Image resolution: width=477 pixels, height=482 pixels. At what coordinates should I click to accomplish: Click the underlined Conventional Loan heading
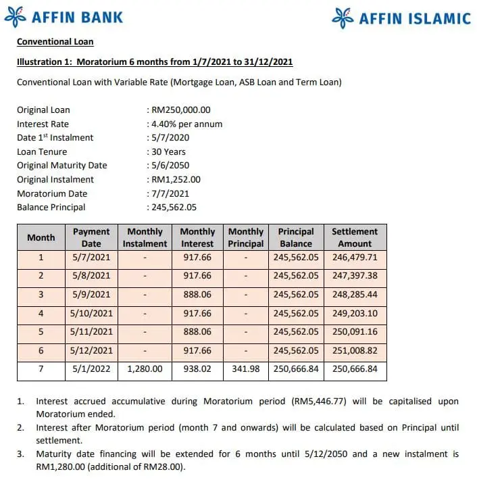pyautogui.click(x=55, y=42)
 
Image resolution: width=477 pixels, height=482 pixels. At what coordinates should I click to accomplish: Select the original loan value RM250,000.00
pyautogui.click(x=180, y=110)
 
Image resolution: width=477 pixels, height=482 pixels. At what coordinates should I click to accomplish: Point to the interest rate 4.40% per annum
pyautogui.click(x=186, y=124)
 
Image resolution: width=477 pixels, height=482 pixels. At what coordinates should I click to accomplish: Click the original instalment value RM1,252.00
pyautogui.click(x=176, y=179)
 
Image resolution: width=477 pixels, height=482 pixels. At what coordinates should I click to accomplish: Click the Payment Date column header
pyautogui.click(x=91, y=237)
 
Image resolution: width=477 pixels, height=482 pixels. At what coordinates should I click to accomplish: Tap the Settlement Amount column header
pyautogui.click(x=355, y=237)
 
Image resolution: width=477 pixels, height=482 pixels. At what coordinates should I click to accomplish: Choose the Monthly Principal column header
pyautogui.click(x=246, y=237)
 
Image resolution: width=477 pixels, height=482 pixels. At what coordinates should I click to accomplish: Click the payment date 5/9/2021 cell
pyautogui.click(x=91, y=295)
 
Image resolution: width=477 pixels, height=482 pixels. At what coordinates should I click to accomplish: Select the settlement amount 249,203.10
pyautogui.click(x=355, y=314)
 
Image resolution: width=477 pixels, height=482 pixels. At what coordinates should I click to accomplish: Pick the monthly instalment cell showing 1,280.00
pyautogui.click(x=145, y=370)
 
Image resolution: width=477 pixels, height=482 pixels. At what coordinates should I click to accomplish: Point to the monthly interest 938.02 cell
pyautogui.click(x=197, y=370)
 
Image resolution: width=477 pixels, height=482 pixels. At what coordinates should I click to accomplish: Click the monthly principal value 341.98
pyautogui.click(x=246, y=370)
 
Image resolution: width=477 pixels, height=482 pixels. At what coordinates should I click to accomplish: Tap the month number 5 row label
pyautogui.click(x=41, y=332)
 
